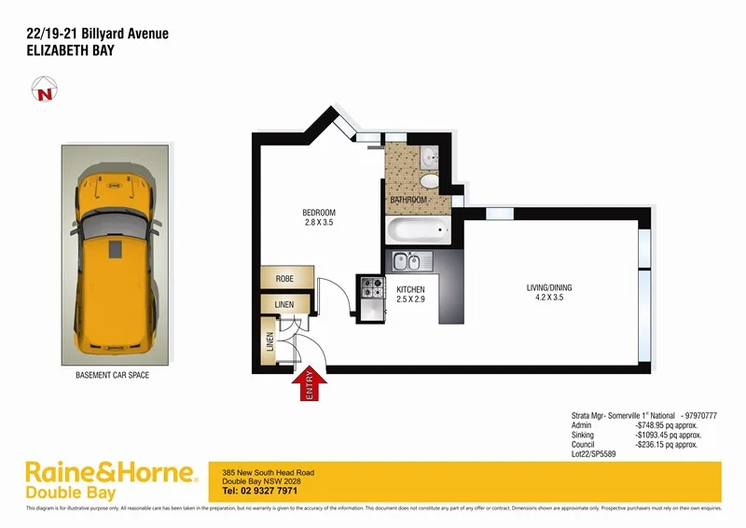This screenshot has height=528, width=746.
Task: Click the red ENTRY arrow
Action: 309,384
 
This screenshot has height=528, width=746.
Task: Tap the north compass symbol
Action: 42,93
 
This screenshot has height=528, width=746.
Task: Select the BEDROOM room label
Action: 319,212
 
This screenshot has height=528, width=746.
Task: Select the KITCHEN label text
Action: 411,289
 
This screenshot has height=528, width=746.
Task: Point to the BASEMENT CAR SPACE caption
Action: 112,375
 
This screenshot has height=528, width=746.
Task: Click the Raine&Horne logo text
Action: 110,471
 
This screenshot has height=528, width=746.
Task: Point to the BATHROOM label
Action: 408,200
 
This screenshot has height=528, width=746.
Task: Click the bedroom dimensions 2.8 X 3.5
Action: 319,222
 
